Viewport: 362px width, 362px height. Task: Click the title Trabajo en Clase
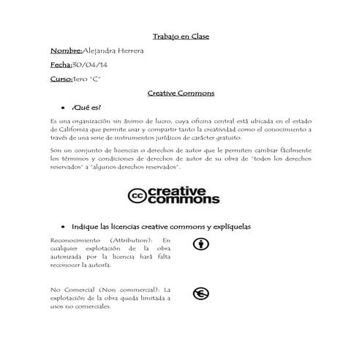181,36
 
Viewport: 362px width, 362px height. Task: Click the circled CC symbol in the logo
137,195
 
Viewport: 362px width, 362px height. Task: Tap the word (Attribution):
129,241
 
